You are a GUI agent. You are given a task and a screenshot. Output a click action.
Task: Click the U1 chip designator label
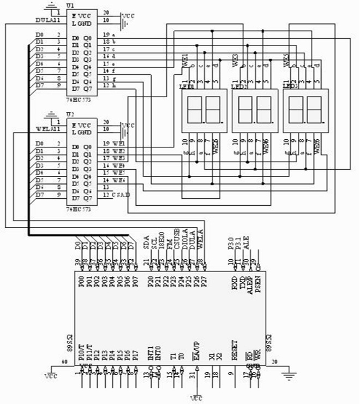click(70, 5)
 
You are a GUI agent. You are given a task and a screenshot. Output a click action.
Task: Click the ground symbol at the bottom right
click(290, 376)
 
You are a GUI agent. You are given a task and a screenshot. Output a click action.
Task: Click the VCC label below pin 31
click(197, 399)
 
